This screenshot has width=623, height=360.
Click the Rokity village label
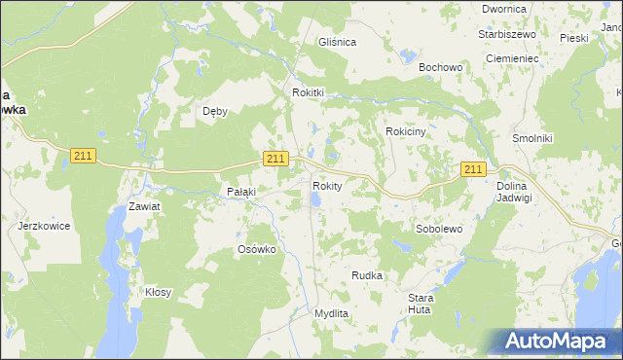pyautogui.click(x=327, y=186)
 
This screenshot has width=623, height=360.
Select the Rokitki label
pyautogui.click(x=308, y=92)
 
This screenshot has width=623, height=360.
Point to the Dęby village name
pyautogui.click(x=215, y=111)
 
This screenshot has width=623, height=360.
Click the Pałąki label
pyautogui.click(x=240, y=192)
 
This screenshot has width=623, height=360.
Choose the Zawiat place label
pyautogui.click(x=144, y=207)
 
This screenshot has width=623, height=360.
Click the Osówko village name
pyautogui.click(x=258, y=249)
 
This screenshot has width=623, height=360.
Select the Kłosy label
pyautogui.click(x=159, y=292)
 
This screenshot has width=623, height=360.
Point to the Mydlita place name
pyautogui.click(x=331, y=313)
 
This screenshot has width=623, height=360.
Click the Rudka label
pyautogui.click(x=367, y=275)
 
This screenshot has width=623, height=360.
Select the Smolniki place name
pyautogui.click(x=532, y=138)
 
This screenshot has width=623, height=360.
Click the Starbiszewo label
pyautogui.click(x=507, y=34)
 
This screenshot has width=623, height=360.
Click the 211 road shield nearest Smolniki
pyautogui.click(x=473, y=169)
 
